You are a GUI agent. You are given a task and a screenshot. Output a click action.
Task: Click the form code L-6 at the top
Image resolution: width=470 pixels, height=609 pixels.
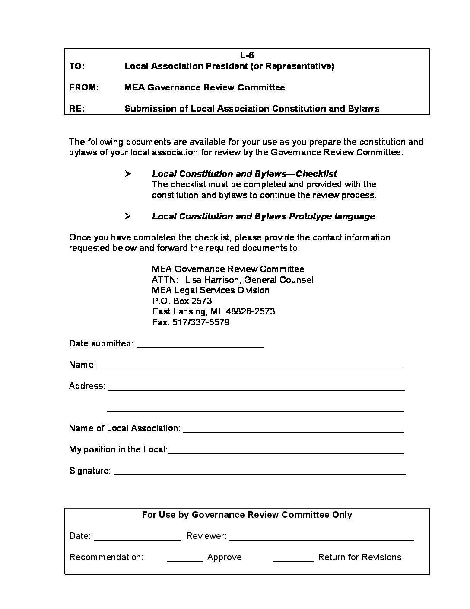coord(247,55)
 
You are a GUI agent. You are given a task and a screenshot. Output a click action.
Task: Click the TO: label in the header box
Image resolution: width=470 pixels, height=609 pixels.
coord(77,66)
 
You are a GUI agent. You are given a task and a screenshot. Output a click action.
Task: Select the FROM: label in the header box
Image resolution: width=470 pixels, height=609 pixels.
coord(84,87)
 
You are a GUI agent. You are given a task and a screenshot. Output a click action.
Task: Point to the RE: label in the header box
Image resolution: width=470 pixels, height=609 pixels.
coord(77,109)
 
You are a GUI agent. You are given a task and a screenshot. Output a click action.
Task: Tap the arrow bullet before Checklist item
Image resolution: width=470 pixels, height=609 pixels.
coord(128,174)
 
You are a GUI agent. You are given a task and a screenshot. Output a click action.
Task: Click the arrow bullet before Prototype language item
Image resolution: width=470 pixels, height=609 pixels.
coord(128,216)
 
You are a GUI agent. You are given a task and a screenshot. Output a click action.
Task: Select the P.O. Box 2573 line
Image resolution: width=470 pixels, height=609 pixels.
coord(182,301)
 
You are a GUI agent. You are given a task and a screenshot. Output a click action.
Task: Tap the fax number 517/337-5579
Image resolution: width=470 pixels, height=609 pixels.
coord(201,322)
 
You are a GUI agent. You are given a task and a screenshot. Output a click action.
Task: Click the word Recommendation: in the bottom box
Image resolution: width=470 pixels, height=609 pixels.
coord(106,557)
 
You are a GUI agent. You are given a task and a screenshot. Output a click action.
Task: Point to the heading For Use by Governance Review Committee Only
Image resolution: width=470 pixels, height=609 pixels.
coord(247,515)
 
